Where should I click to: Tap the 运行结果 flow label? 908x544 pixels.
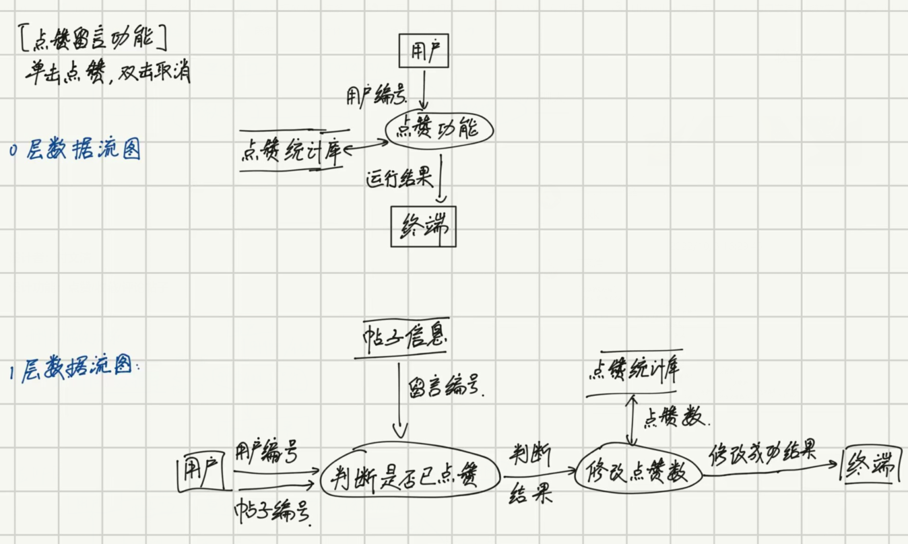click(397, 180)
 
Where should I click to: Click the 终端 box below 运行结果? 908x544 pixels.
click(423, 226)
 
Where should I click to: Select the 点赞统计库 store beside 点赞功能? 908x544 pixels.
click(291, 149)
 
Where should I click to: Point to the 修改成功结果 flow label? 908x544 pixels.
click(763, 452)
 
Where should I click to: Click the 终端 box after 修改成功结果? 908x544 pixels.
click(872, 464)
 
